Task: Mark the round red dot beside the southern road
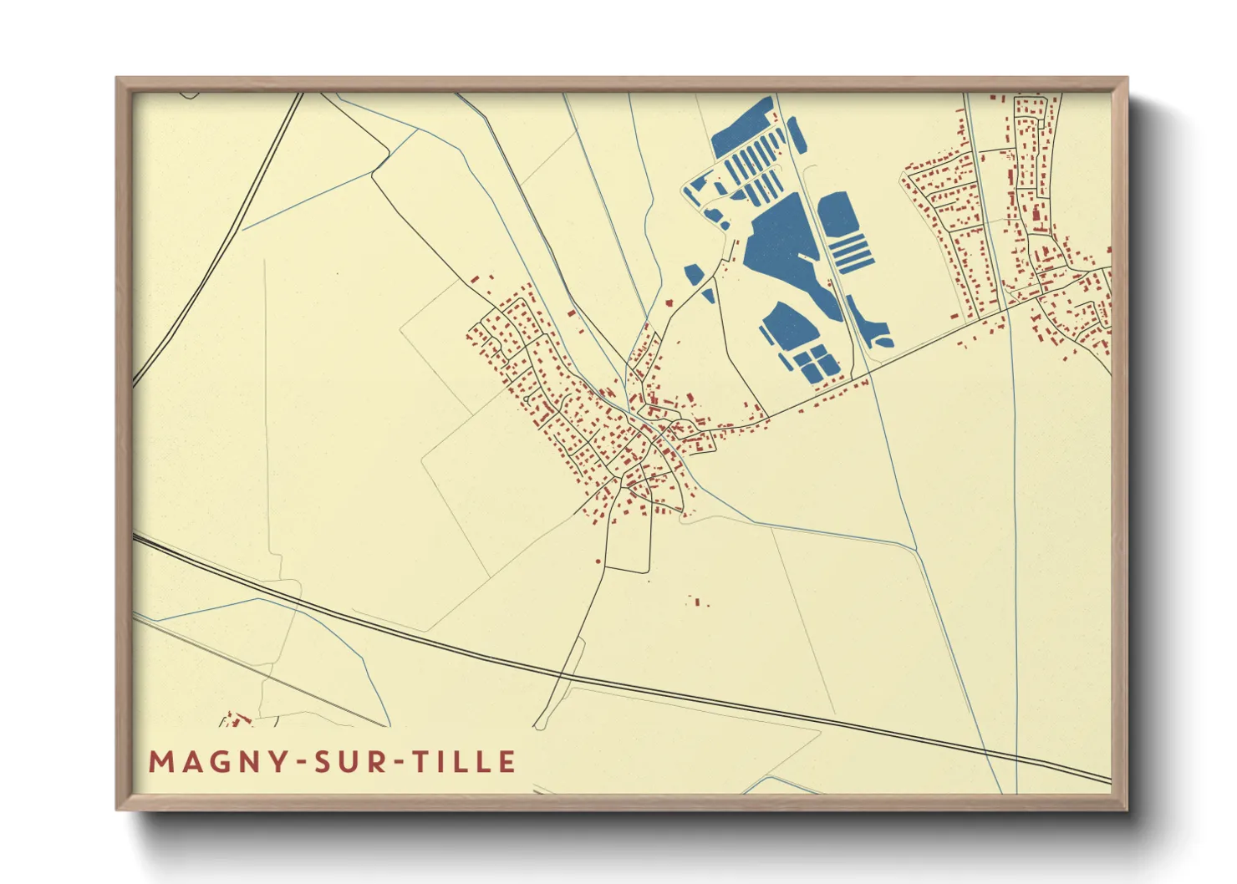[598, 561]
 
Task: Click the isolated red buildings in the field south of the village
[696, 601]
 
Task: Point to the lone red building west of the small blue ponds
[668, 301]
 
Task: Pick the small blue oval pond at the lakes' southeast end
[882, 338]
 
